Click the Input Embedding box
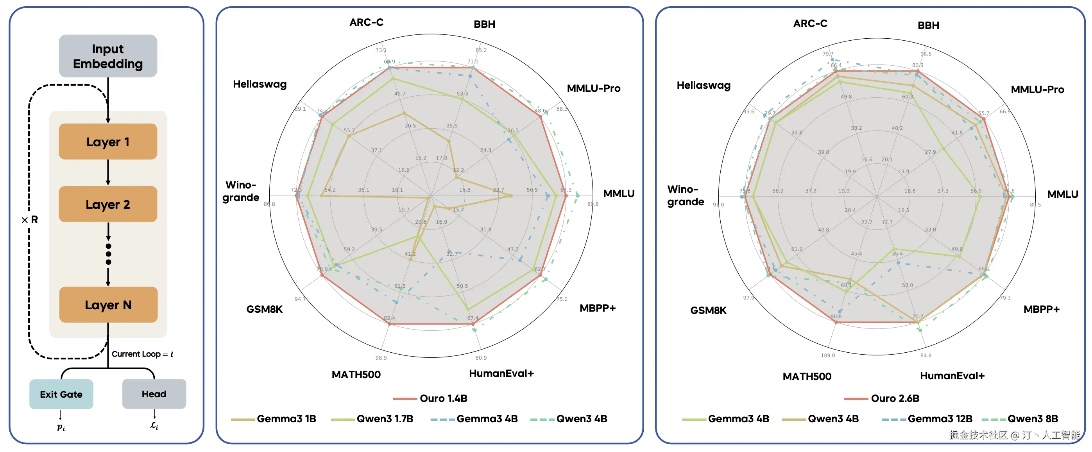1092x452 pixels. click(107, 56)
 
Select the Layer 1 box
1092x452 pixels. click(107, 142)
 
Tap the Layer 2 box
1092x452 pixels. click(107, 204)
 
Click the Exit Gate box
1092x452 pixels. click(61, 394)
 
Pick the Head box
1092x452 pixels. click(154, 394)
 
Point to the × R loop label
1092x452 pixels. click(30, 220)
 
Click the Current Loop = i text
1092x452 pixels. click(142, 354)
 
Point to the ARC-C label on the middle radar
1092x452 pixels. click(366, 22)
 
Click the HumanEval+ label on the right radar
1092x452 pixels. click(952, 376)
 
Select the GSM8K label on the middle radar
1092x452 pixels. click(265, 309)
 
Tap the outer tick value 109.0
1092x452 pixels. click(827, 355)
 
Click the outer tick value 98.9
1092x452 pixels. click(381, 358)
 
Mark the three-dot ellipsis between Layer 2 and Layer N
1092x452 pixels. click(109, 254)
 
